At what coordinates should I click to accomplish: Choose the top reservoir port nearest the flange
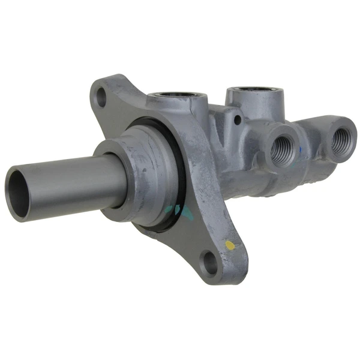(178, 96)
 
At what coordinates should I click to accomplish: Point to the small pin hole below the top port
(238, 120)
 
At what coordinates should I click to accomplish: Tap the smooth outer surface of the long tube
(72, 180)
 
